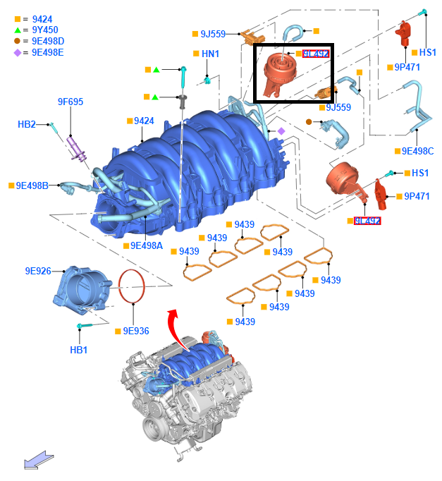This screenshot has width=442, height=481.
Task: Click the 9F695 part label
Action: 70,102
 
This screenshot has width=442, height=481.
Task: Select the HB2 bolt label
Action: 26,124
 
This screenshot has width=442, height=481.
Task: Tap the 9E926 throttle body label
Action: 38,271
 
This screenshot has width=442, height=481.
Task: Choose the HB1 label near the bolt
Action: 79,350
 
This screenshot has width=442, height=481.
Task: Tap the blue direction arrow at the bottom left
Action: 39,461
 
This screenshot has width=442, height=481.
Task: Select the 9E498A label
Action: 146,245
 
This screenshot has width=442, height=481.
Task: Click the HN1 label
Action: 210,54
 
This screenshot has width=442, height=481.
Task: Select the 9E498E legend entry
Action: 48,52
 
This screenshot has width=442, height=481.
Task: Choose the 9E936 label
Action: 136,330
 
